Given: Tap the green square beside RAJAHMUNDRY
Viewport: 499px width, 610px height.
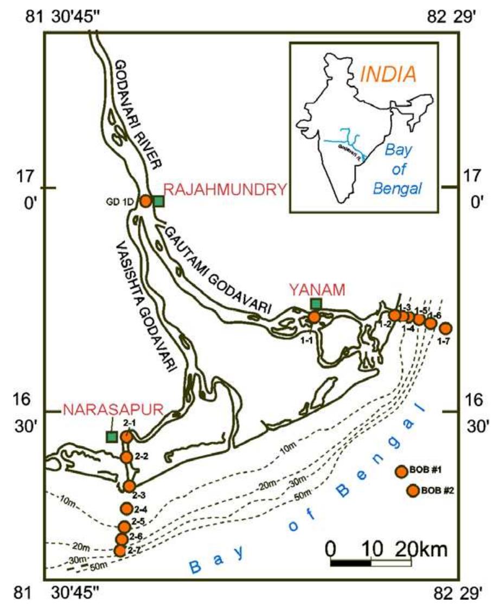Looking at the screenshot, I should click(x=158, y=201).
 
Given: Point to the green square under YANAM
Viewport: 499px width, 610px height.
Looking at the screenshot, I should click(x=316, y=303).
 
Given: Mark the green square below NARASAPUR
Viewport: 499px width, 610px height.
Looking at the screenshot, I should click(x=112, y=436).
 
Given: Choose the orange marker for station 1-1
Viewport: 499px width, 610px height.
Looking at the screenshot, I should click(x=314, y=317).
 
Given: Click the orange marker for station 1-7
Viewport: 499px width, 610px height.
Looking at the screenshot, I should click(x=445, y=328).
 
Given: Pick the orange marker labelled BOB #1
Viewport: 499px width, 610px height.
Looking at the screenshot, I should click(x=401, y=472).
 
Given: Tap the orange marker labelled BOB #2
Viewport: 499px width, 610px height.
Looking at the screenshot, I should click(x=413, y=491).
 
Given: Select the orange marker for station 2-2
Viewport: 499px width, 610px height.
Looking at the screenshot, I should click(x=126, y=457).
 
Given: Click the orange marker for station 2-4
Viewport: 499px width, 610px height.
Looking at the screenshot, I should click(x=126, y=508).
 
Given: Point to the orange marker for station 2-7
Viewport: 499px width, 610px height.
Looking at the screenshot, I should click(x=120, y=550).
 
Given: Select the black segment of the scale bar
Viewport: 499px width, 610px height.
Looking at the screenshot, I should click(x=350, y=562).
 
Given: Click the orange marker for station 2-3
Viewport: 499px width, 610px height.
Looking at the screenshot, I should click(x=129, y=486).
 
